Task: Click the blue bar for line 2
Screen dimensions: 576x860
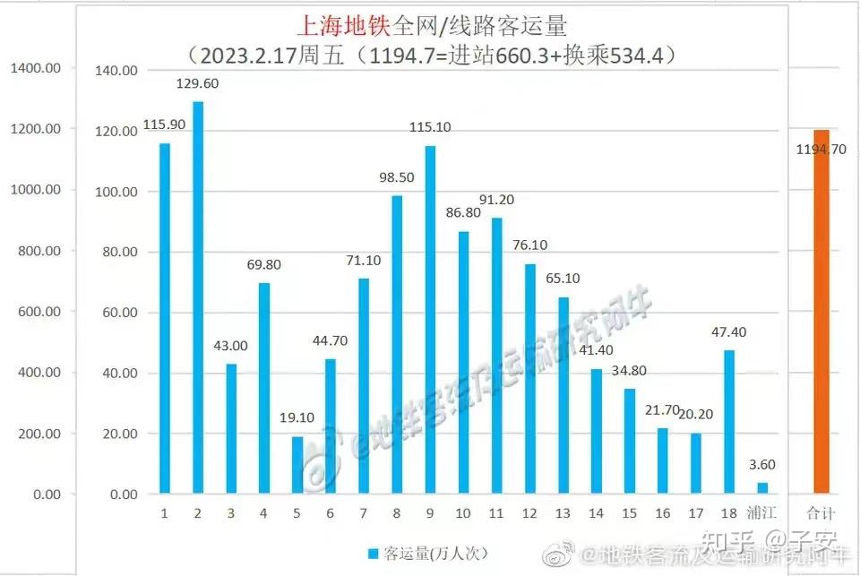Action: click(x=198, y=297)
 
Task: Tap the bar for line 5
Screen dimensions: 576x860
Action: click(x=297, y=464)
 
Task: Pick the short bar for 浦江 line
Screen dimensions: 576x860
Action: click(x=762, y=487)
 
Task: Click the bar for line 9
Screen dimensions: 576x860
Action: click(x=430, y=319)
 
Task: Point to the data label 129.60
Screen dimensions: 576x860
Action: click(x=198, y=83)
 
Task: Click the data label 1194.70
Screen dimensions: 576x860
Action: click(x=821, y=150)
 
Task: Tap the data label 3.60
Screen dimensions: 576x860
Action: click(x=761, y=465)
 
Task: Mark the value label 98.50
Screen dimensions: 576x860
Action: click(x=397, y=177)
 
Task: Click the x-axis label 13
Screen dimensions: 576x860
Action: click(x=563, y=513)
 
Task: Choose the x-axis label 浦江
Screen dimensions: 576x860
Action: click(x=762, y=513)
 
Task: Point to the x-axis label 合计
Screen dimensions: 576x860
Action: click(x=820, y=513)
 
